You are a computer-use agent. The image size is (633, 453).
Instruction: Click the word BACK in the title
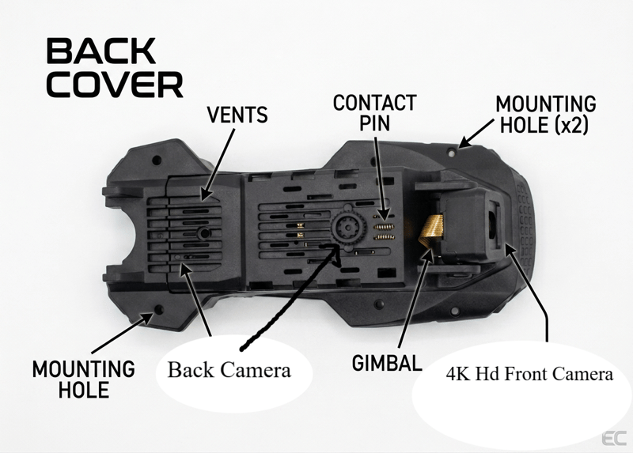[x=100, y=51]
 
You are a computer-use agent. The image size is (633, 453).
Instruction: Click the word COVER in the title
[x=115, y=84]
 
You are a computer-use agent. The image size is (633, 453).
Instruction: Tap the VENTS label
[x=237, y=115]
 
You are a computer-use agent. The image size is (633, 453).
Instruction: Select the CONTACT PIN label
[x=374, y=113]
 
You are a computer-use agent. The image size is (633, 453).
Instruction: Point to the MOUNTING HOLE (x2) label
[x=545, y=115]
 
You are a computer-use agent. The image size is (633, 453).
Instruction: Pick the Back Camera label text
[x=229, y=370]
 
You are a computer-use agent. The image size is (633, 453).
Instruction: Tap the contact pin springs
[x=383, y=225]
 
